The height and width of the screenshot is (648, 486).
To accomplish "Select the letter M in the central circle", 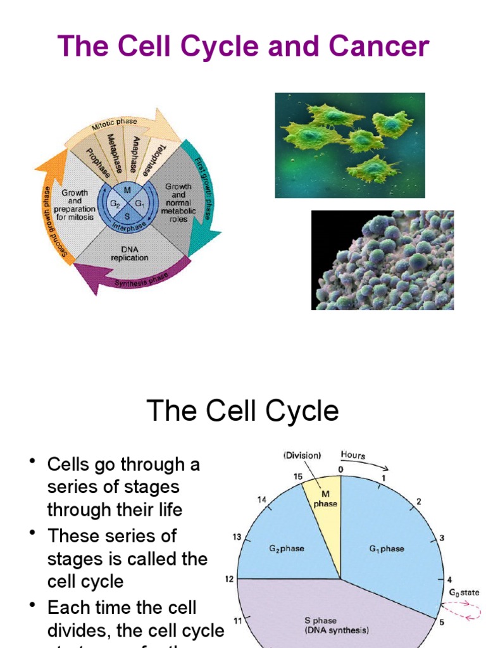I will (127, 190).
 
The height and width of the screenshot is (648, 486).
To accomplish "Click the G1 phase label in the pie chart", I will (386, 549).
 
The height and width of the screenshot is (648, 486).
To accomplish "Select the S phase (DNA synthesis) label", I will (337, 625).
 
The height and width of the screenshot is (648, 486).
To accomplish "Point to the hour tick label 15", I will (297, 476).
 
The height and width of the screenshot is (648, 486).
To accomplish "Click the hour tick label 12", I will (229, 578).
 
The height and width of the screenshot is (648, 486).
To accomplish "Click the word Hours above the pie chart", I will (353, 454).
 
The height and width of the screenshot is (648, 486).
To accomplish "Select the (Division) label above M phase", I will (302, 454).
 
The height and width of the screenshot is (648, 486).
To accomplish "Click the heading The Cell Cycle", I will (243, 411).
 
